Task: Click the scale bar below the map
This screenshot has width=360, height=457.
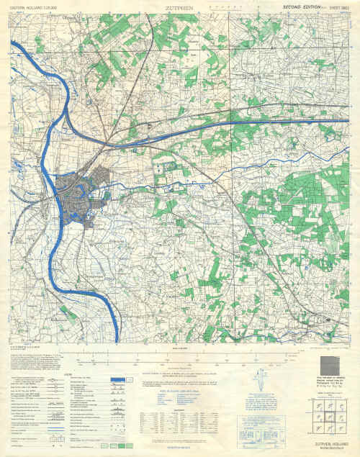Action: pyautogui.click(x=180, y=352)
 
